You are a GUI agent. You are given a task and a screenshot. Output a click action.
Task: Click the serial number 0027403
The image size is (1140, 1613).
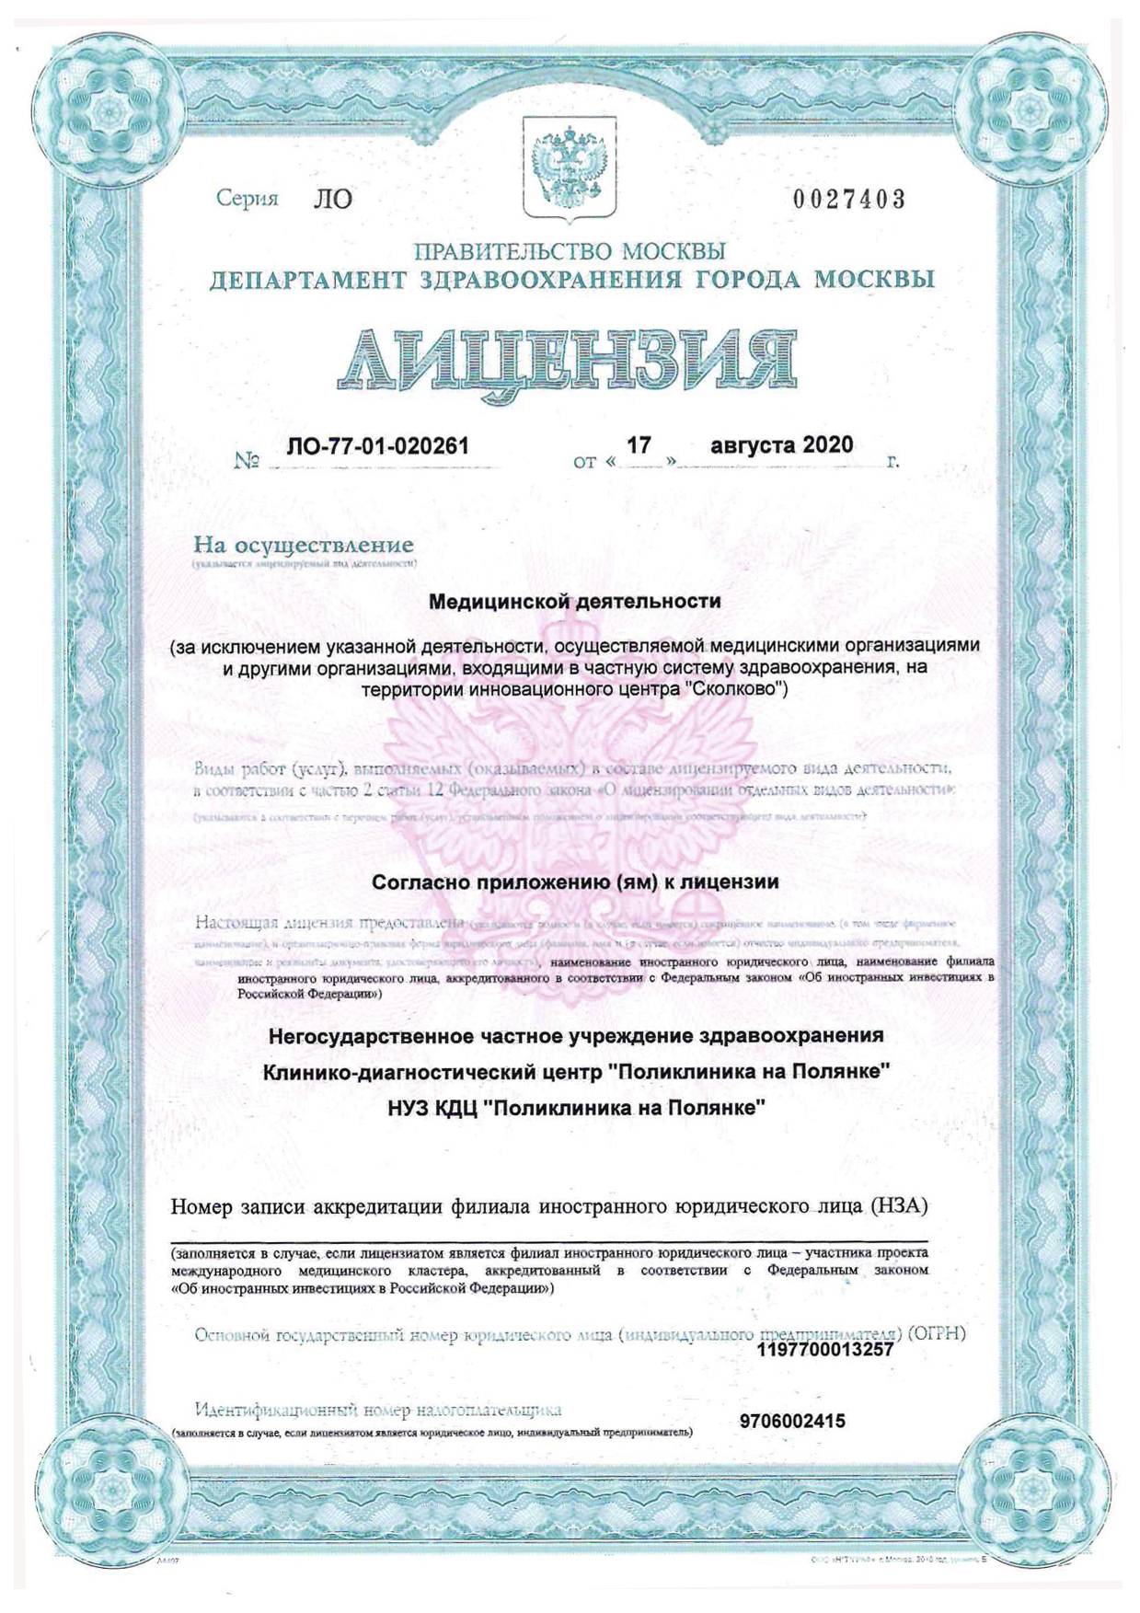click(848, 199)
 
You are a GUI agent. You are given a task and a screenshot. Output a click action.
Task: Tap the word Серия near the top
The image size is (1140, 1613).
click(247, 198)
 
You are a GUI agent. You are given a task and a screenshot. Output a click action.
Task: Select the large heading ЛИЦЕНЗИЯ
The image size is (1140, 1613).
click(567, 358)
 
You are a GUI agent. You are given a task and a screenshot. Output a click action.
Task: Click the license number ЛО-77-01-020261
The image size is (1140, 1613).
click(377, 446)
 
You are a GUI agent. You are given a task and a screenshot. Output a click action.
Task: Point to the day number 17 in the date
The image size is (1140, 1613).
click(639, 445)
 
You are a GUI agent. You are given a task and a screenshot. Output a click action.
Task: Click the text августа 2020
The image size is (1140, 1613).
click(781, 445)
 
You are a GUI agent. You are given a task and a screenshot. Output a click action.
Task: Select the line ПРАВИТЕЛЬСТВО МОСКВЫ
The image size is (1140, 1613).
click(570, 251)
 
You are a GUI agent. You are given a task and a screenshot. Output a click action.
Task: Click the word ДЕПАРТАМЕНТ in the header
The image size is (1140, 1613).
click(307, 280)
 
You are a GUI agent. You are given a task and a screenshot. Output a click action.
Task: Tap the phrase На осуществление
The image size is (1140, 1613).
click(303, 546)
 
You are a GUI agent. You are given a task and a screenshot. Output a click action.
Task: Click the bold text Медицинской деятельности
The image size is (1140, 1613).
click(575, 602)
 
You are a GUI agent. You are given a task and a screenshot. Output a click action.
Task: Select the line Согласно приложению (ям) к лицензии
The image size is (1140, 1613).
click(575, 882)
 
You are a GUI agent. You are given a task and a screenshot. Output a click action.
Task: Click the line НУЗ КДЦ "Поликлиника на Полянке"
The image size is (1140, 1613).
click(577, 1108)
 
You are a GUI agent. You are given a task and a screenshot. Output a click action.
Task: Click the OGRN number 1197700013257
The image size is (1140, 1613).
click(824, 1350)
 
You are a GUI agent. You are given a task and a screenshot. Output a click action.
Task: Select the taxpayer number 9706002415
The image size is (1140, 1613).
click(792, 1422)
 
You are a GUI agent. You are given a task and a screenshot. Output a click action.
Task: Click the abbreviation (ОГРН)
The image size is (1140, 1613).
click(936, 1332)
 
